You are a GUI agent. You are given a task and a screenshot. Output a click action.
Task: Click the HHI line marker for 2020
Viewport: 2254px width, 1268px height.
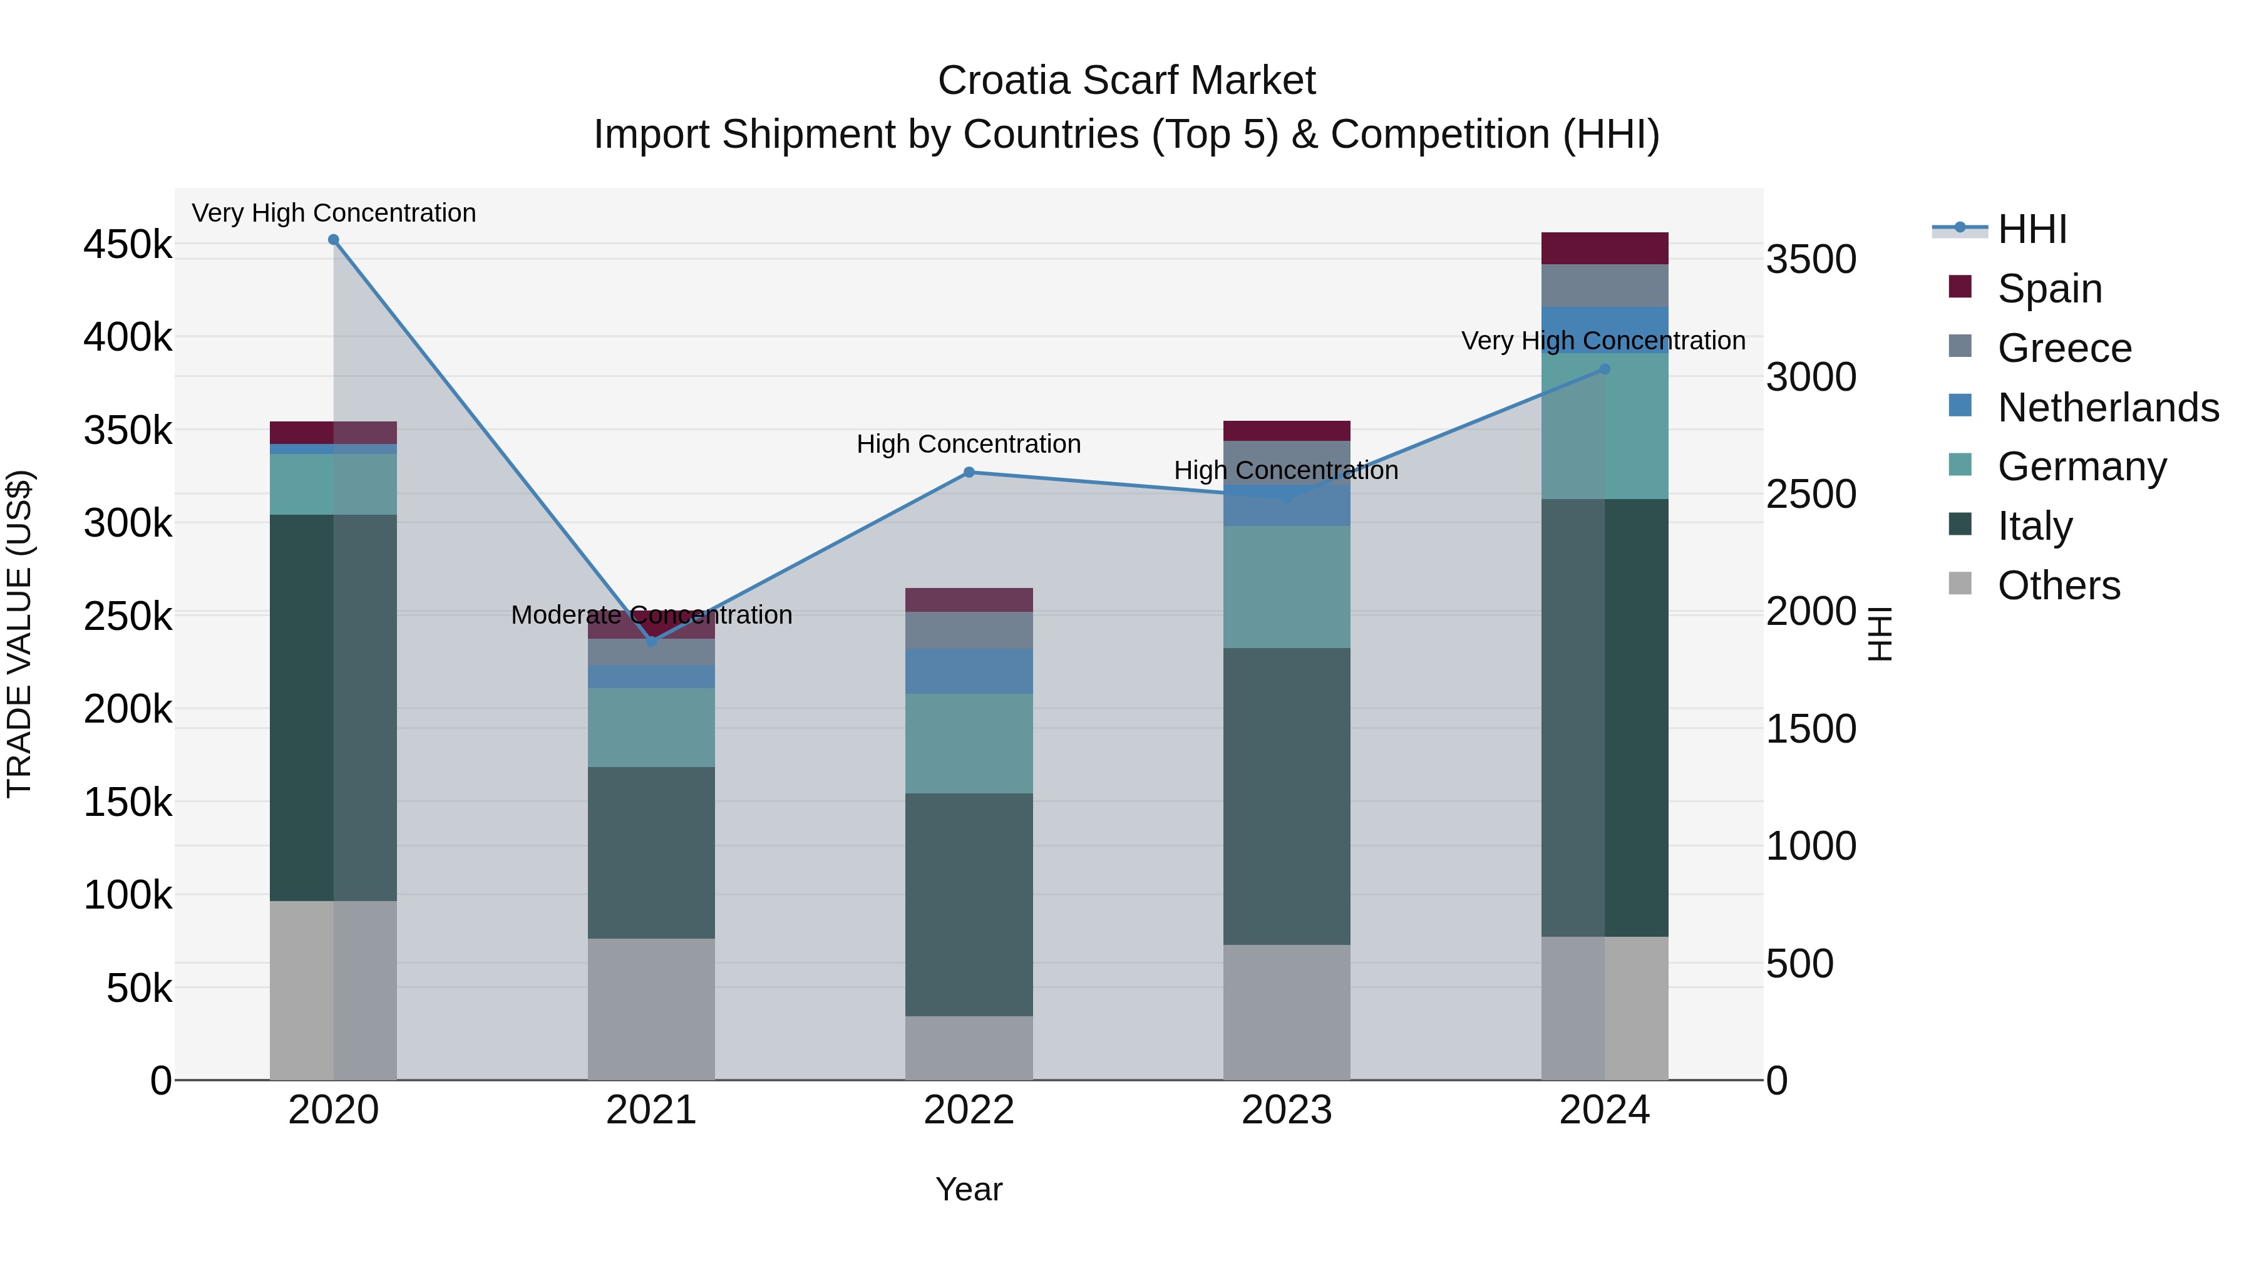(x=333, y=240)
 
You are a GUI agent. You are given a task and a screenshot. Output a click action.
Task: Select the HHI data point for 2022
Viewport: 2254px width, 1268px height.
(x=969, y=473)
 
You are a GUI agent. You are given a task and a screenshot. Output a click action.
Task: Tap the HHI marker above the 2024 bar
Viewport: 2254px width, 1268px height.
(x=1604, y=369)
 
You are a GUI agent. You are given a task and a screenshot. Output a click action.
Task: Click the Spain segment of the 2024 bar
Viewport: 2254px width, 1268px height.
(x=1604, y=249)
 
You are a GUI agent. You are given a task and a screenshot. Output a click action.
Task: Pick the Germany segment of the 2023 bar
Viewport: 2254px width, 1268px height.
(x=1286, y=586)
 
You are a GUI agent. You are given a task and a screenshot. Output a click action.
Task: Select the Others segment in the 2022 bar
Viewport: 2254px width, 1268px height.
(x=969, y=1048)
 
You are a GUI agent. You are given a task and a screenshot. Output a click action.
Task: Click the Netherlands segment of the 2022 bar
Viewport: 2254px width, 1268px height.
(x=969, y=671)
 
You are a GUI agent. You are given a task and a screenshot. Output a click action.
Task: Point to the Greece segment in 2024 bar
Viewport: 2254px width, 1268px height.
(x=1604, y=286)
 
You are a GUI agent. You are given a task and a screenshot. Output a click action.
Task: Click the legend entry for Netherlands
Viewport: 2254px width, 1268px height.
(x=2108, y=408)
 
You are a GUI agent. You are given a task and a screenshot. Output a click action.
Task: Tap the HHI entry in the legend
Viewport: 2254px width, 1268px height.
(x=2032, y=229)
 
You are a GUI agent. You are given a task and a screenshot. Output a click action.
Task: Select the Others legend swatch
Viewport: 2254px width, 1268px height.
(x=1960, y=584)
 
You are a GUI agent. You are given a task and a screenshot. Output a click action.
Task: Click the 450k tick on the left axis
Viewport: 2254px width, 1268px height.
(x=128, y=245)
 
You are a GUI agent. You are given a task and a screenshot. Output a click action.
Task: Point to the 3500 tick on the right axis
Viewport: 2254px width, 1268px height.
(x=1810, y=260)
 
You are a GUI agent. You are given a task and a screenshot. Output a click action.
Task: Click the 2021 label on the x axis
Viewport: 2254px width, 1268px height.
(x=651, y=1110)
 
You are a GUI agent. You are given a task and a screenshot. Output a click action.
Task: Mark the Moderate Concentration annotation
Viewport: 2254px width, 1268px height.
(x=651, y=615)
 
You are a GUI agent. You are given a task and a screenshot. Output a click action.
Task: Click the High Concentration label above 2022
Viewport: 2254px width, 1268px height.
(x=969, y=445)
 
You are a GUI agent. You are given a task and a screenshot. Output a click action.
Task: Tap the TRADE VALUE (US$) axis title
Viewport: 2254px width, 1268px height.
(x=19, y=634)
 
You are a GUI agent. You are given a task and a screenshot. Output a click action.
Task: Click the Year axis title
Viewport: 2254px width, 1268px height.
(x=969, y=1189)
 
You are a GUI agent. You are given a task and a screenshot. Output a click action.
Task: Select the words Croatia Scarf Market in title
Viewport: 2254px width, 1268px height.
(x=1126, y=81)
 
